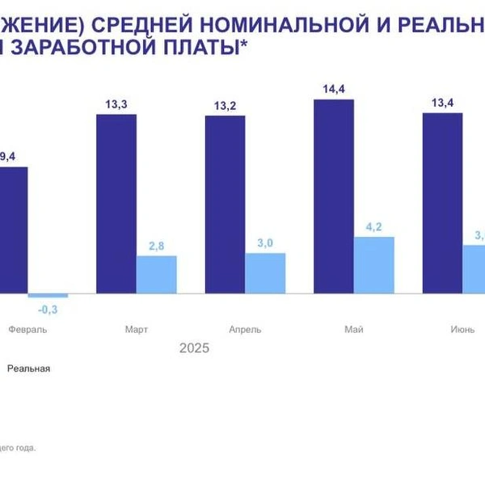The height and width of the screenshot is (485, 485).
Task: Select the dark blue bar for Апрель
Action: coord(225,205)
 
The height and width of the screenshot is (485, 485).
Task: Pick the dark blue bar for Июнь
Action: coord(442,203)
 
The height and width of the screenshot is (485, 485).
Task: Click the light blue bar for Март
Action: coord(157,274)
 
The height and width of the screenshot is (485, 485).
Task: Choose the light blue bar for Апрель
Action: coord(265,272)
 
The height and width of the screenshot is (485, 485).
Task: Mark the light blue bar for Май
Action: coord(373,264)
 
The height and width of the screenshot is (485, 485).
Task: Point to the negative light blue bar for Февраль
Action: coord(48,295)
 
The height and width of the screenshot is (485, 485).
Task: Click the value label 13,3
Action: coord(116,104)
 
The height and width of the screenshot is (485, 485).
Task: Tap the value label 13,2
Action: coord(225,106)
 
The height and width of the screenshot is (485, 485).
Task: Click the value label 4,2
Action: coord(373,227)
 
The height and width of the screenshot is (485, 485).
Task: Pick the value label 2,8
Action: coord(157,246)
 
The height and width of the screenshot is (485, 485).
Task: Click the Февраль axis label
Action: coord(28,330)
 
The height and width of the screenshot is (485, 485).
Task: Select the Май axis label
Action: coord(353,330)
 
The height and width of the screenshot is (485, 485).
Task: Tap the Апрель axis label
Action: coord(245,330)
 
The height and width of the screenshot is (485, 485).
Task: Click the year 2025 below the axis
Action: coord(194,348)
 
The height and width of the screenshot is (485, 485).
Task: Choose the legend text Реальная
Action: coord(29,369)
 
